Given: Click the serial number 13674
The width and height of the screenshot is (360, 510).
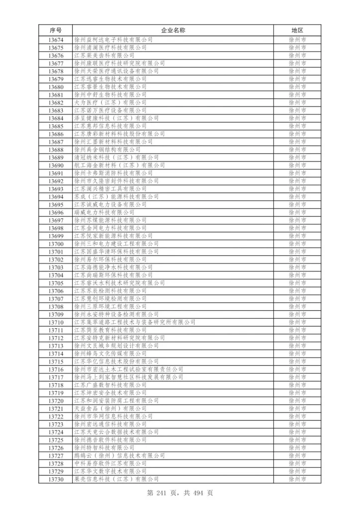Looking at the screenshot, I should (x=56, y=39).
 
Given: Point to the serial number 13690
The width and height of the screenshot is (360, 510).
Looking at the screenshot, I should (x=56, y=165).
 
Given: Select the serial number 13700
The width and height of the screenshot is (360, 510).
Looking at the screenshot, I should (x=56, y=244).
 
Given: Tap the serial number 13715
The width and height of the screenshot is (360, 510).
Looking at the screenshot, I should (x=56, y=362).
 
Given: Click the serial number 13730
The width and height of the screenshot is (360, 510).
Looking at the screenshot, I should (x=56, y=479).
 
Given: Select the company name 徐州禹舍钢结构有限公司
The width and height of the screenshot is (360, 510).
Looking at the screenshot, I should (x=107, y=149).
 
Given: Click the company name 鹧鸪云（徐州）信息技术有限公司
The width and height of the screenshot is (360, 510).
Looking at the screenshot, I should (x=120, y=456).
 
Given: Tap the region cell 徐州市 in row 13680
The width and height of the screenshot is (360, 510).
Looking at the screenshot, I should (x=297, y=87).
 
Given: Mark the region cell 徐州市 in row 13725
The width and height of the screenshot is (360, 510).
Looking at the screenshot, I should (x=297, y=440).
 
